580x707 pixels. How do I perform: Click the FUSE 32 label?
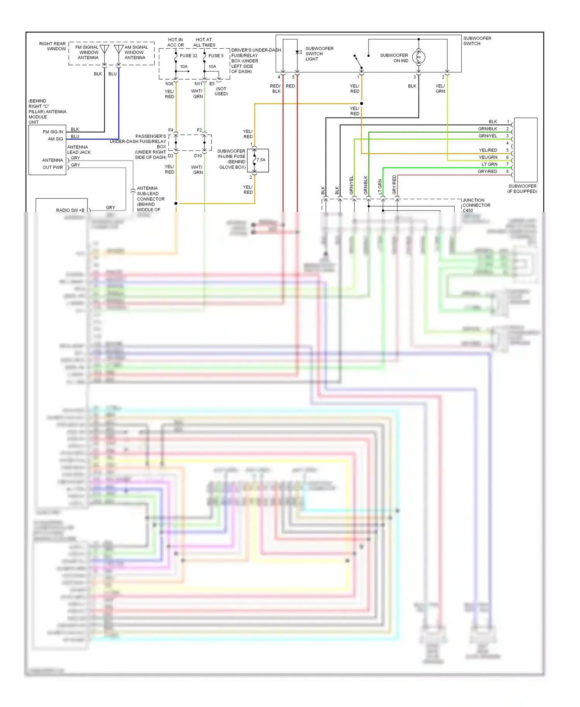[188, 56]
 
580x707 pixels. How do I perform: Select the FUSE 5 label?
[216, 56]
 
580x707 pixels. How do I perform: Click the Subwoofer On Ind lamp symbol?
[418, 58]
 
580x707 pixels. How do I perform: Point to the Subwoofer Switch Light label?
[319, 54]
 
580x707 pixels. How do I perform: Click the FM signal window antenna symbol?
[104, 50]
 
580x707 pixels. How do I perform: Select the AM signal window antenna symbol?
[119, 50]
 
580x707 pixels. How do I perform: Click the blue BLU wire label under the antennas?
[113, 74]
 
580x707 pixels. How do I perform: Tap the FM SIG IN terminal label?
[53, 132]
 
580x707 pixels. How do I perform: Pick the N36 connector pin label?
[169, 84]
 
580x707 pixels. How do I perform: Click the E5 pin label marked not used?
[212, 84]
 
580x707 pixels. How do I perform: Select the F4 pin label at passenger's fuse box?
[171, 130]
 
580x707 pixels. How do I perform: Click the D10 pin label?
[198, 156]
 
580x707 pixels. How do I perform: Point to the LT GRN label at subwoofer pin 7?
[489, 164]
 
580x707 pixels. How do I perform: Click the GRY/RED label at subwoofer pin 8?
[487, 171]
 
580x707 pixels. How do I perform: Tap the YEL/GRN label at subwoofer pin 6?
[488, 157]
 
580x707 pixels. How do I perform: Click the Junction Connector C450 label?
[476, 205]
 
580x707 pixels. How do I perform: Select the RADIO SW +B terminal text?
[70, 210]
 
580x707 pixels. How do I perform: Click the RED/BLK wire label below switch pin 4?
[276, 89]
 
